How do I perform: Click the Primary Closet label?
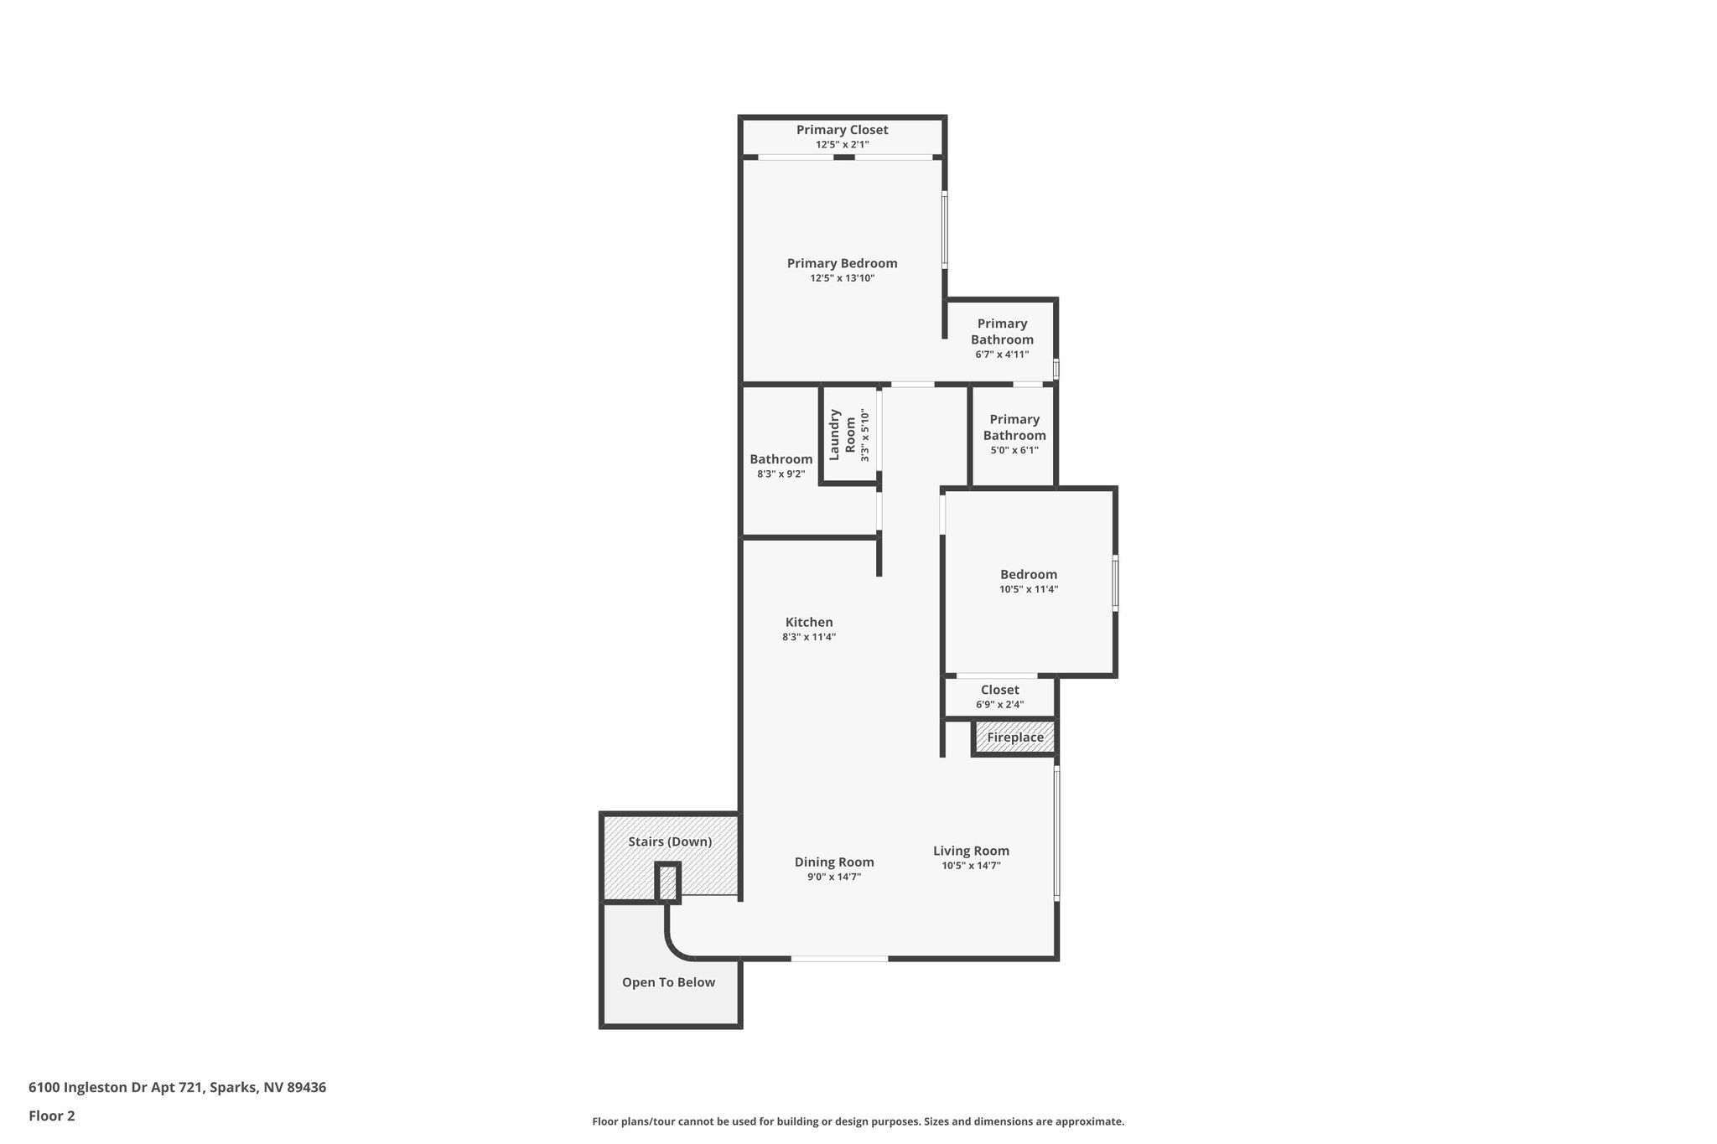(x=842, y=130)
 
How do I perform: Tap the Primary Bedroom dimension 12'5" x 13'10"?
(x=842, y=278)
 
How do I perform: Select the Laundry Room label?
(x=843, y=434)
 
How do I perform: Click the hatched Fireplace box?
(x=1014, y=738)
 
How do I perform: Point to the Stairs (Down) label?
(x=670, y=841)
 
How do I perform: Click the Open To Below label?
(x=668, y=982)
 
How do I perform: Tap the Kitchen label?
(x=808, y=622)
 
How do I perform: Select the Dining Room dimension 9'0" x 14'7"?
(x=833, y=877)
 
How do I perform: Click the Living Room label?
(x=971, y=851)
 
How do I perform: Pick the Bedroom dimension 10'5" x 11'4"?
(x=1028, y=589)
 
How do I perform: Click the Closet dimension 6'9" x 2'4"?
(x=999, y=705)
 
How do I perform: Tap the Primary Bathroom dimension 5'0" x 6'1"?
(x=1014, y=450)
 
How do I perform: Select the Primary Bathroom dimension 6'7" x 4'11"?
(x=1002, y=355)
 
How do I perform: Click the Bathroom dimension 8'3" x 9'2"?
(x=781, y=474)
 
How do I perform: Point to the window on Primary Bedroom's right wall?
(x=944, y=230)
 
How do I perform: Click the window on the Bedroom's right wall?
(x=1115, y=582)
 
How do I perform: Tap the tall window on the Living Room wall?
(x=1056, y=833)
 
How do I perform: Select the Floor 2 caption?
(x=52, y=1116)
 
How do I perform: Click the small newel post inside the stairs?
(x=667, y=883)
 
